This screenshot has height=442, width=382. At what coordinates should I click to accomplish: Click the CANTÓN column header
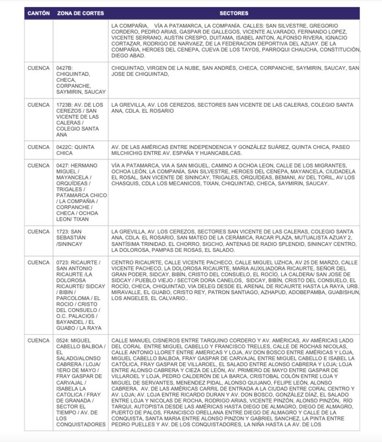(x=38, y=13)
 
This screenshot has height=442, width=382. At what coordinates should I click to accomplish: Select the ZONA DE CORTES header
(x=80, y=13)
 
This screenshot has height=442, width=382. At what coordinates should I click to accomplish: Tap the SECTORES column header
(x=234, y=13)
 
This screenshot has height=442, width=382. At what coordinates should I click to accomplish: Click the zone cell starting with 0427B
(x=80, y=80)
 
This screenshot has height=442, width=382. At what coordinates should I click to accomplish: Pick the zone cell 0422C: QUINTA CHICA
(x=75, y=150)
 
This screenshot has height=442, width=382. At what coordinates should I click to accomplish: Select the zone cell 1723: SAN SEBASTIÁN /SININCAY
(x=71, y=237)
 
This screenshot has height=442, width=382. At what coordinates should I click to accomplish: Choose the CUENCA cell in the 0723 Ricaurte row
(x=38, y=263)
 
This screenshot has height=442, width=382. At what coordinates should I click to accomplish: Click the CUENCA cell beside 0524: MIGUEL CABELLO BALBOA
(x=38, y=341)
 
